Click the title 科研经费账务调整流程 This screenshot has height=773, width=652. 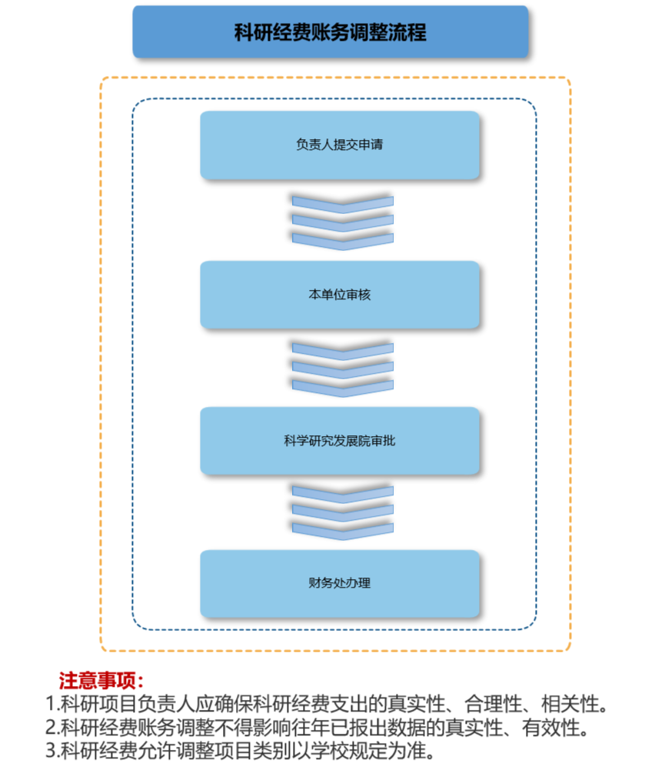click(330, 32)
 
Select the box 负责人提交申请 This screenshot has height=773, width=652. click(340, 145)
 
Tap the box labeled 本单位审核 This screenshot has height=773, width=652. click(340, 295)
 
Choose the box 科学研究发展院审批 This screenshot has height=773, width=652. click(340, 441)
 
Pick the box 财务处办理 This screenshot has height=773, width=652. click(340, 583)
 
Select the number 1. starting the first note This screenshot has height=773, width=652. click(52, 704)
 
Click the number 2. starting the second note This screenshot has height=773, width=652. click(52, 728)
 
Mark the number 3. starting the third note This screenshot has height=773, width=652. click(52, 751)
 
